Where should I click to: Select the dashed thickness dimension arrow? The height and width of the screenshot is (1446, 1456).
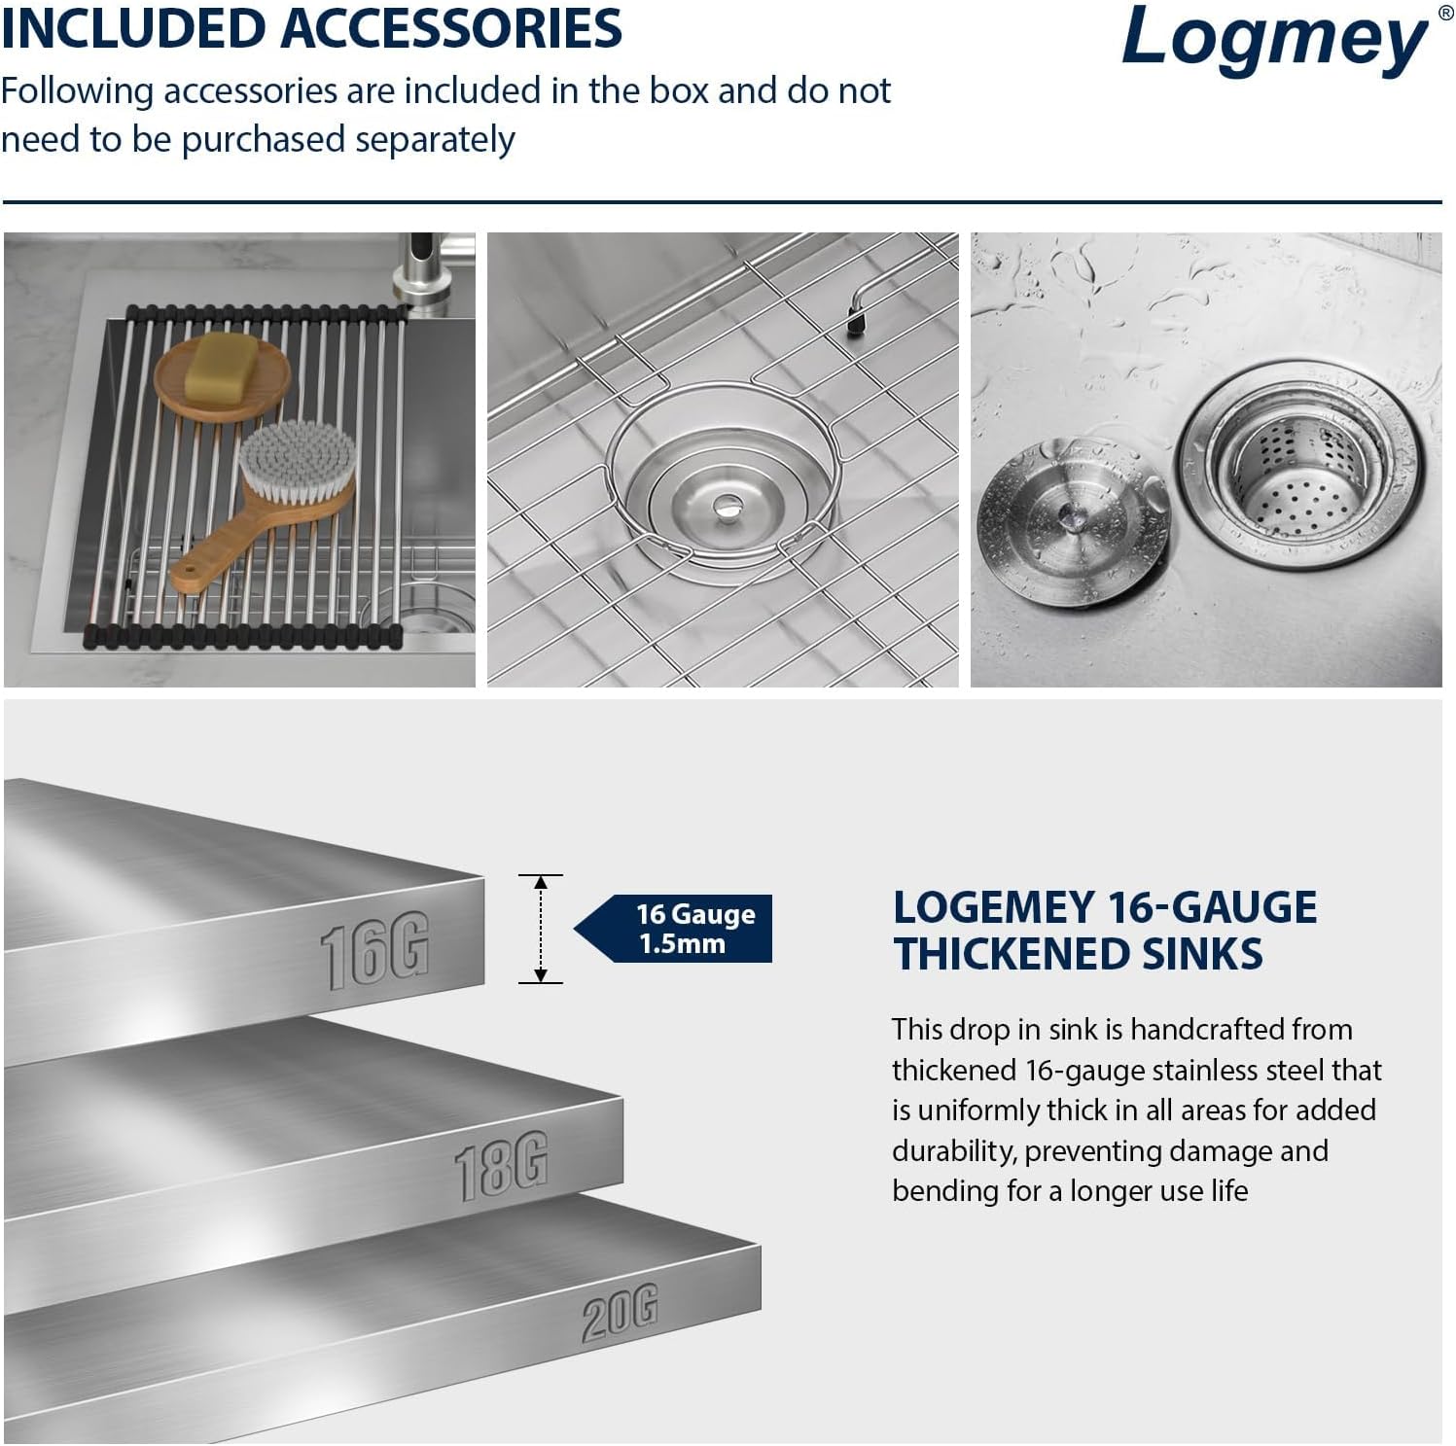tap(541, 928)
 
